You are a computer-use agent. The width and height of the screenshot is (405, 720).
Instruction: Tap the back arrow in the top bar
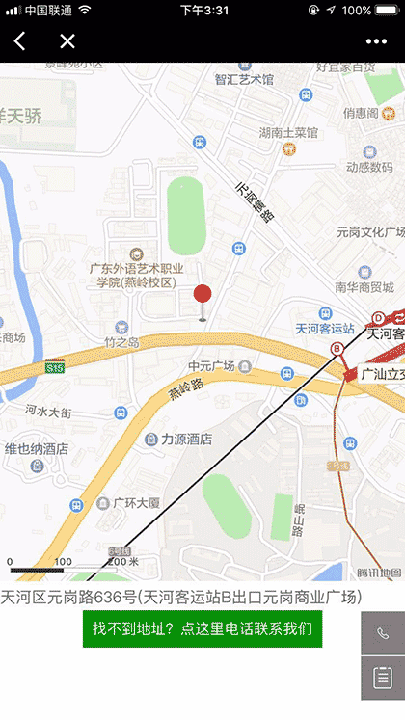[x=20, y=40]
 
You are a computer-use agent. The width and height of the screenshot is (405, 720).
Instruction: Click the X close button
[x=67, y=40]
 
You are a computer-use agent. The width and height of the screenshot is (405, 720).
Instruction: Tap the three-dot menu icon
[x=376, y=41]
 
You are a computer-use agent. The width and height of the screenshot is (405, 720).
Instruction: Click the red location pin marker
[x=202, y=297]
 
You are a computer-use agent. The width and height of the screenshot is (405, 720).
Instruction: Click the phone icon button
[x=383, y=634]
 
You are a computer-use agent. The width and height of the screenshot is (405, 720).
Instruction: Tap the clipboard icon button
[x=383, y=679]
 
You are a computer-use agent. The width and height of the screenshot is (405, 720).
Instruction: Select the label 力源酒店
[x=185, y=440]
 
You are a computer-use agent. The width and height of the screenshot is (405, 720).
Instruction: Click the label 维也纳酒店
[x=37, y=448]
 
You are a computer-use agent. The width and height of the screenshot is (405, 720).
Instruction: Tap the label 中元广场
[x=212, y=366]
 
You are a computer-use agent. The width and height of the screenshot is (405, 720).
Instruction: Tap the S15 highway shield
[x=55, y=367]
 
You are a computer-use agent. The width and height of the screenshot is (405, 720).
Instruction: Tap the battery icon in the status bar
[x=388, y=10]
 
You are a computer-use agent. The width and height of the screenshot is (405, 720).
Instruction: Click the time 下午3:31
[x=203, y=10]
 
